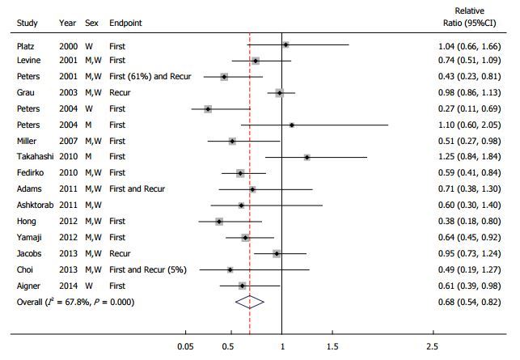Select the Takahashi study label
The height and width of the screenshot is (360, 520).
(x=35, y=158)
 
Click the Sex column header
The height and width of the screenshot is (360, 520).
(x=91, y=23)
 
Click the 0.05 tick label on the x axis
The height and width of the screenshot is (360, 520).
(x=186, y=347)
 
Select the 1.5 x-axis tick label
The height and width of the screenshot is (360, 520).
(x=332, y=347)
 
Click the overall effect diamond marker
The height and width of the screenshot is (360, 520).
(x=251, y=302)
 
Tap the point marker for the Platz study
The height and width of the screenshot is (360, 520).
(x=285, y=45)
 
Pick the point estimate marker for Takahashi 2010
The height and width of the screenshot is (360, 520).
(x=307, y=158)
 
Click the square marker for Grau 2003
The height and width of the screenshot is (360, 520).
(x=280, y=93)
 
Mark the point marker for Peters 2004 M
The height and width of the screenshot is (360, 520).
(x=292, y=125)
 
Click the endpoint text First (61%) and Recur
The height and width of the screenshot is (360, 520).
(x=150, y=77)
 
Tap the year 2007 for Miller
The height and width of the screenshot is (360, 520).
(x=68, y=142)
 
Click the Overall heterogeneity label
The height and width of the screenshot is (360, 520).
(x=76, y=302)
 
